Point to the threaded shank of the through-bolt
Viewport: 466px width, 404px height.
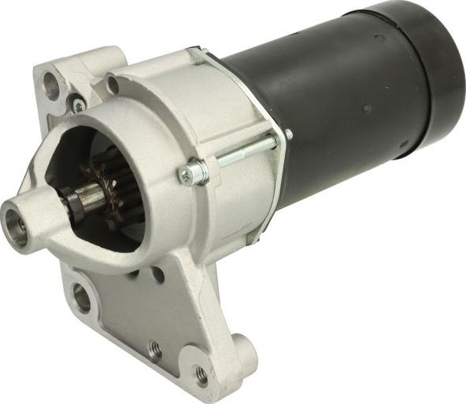pos(244,152)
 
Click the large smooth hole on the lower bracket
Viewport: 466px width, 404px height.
pos(82,297)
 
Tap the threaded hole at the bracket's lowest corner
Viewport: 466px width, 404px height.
pos(202,376)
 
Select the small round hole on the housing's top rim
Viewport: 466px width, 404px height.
pos(113,83)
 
